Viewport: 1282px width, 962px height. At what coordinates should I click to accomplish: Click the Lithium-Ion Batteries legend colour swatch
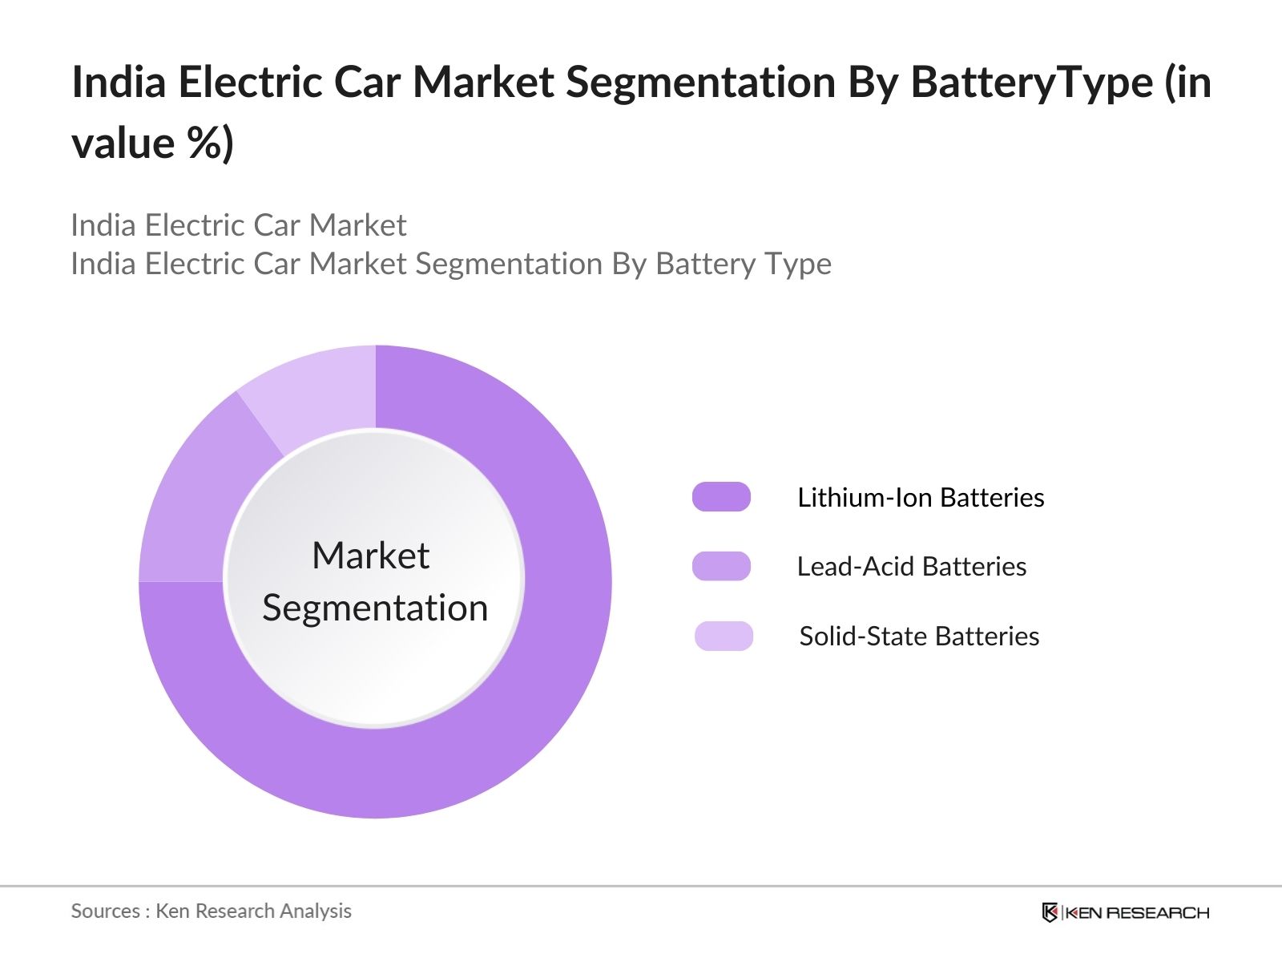pos(721,497)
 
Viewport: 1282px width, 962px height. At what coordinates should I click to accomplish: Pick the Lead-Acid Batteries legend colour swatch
pos(721,566)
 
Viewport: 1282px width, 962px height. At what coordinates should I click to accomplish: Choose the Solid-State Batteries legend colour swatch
pos(724,636)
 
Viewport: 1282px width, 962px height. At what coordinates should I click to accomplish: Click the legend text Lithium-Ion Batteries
pos(921,498)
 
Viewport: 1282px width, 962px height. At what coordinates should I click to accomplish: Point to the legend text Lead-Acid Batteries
pos(911,567)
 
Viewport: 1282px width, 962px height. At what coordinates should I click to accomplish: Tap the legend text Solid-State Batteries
pos(919,637)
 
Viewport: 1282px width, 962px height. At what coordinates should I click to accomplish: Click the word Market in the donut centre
pos(370,556)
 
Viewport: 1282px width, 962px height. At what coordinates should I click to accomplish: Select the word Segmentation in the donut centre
pos(375,608)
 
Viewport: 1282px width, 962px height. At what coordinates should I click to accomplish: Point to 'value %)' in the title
pos(152,144)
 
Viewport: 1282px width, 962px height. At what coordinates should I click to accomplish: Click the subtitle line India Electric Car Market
pos(239,225)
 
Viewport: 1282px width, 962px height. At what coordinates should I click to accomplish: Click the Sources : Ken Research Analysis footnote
pos(211,911)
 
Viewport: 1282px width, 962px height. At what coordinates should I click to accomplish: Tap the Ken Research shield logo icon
pos(1050,912)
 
